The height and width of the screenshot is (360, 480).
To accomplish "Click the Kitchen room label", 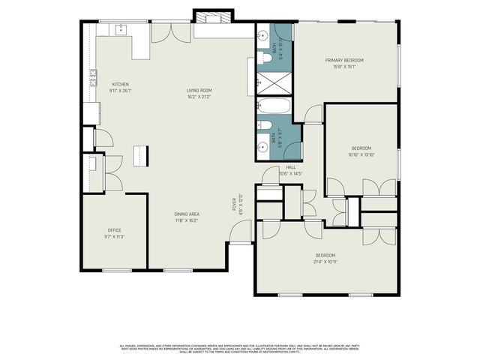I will pos(121,84).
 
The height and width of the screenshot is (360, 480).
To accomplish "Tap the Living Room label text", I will pos(199,91).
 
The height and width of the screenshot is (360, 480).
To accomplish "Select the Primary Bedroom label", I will pos(344,60).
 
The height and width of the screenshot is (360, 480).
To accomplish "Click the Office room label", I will pos(114,230).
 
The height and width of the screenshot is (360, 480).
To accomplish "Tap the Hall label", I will pos(289,167).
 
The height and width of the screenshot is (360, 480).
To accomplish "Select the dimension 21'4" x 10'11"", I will pos(325,261).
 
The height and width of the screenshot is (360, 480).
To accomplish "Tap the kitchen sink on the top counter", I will pos(121,30).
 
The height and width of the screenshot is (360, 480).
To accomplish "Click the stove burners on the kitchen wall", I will pos(94,76).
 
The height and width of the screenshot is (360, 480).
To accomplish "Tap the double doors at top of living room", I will pos(166,33).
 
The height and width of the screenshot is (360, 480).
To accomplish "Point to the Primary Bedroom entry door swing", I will pos(313,114).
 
